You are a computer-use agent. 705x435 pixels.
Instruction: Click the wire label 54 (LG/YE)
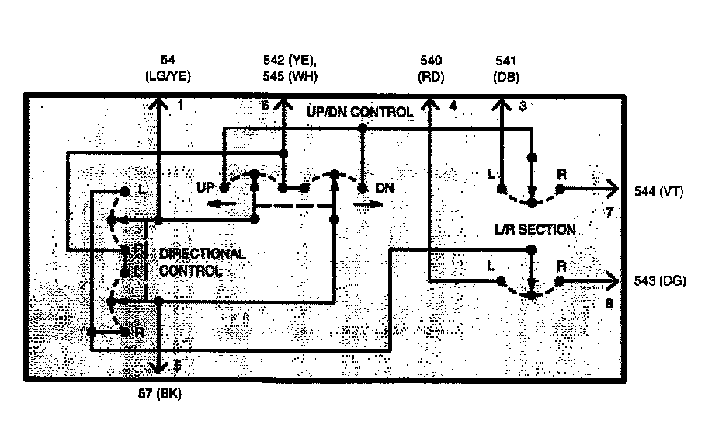(168, 68)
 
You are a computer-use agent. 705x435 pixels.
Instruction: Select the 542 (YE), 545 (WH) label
(290, 68)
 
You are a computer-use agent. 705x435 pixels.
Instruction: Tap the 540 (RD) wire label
(430, 68)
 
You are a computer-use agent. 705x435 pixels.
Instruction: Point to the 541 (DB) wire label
(505, 68)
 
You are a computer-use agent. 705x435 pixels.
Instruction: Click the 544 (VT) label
(658, 192)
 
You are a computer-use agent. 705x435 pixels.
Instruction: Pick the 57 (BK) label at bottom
(158, 394)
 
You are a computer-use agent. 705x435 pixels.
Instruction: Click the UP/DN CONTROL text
(359, 113)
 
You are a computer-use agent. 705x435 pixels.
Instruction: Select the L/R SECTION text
(535, 230)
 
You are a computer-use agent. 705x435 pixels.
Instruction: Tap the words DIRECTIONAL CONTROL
(201, 263)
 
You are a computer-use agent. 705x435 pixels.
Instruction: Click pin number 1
(180, 104)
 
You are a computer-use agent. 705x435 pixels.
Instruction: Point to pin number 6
(266, 105)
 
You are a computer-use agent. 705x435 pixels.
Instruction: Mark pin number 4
(453, 105)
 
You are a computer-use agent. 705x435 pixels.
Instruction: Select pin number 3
(523, 105)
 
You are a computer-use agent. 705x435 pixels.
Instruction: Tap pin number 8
(608, 303)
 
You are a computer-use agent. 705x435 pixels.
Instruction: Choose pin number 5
(178, 364)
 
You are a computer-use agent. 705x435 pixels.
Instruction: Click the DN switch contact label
(384, 187)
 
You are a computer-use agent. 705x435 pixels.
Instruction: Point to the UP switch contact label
(205, 187)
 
